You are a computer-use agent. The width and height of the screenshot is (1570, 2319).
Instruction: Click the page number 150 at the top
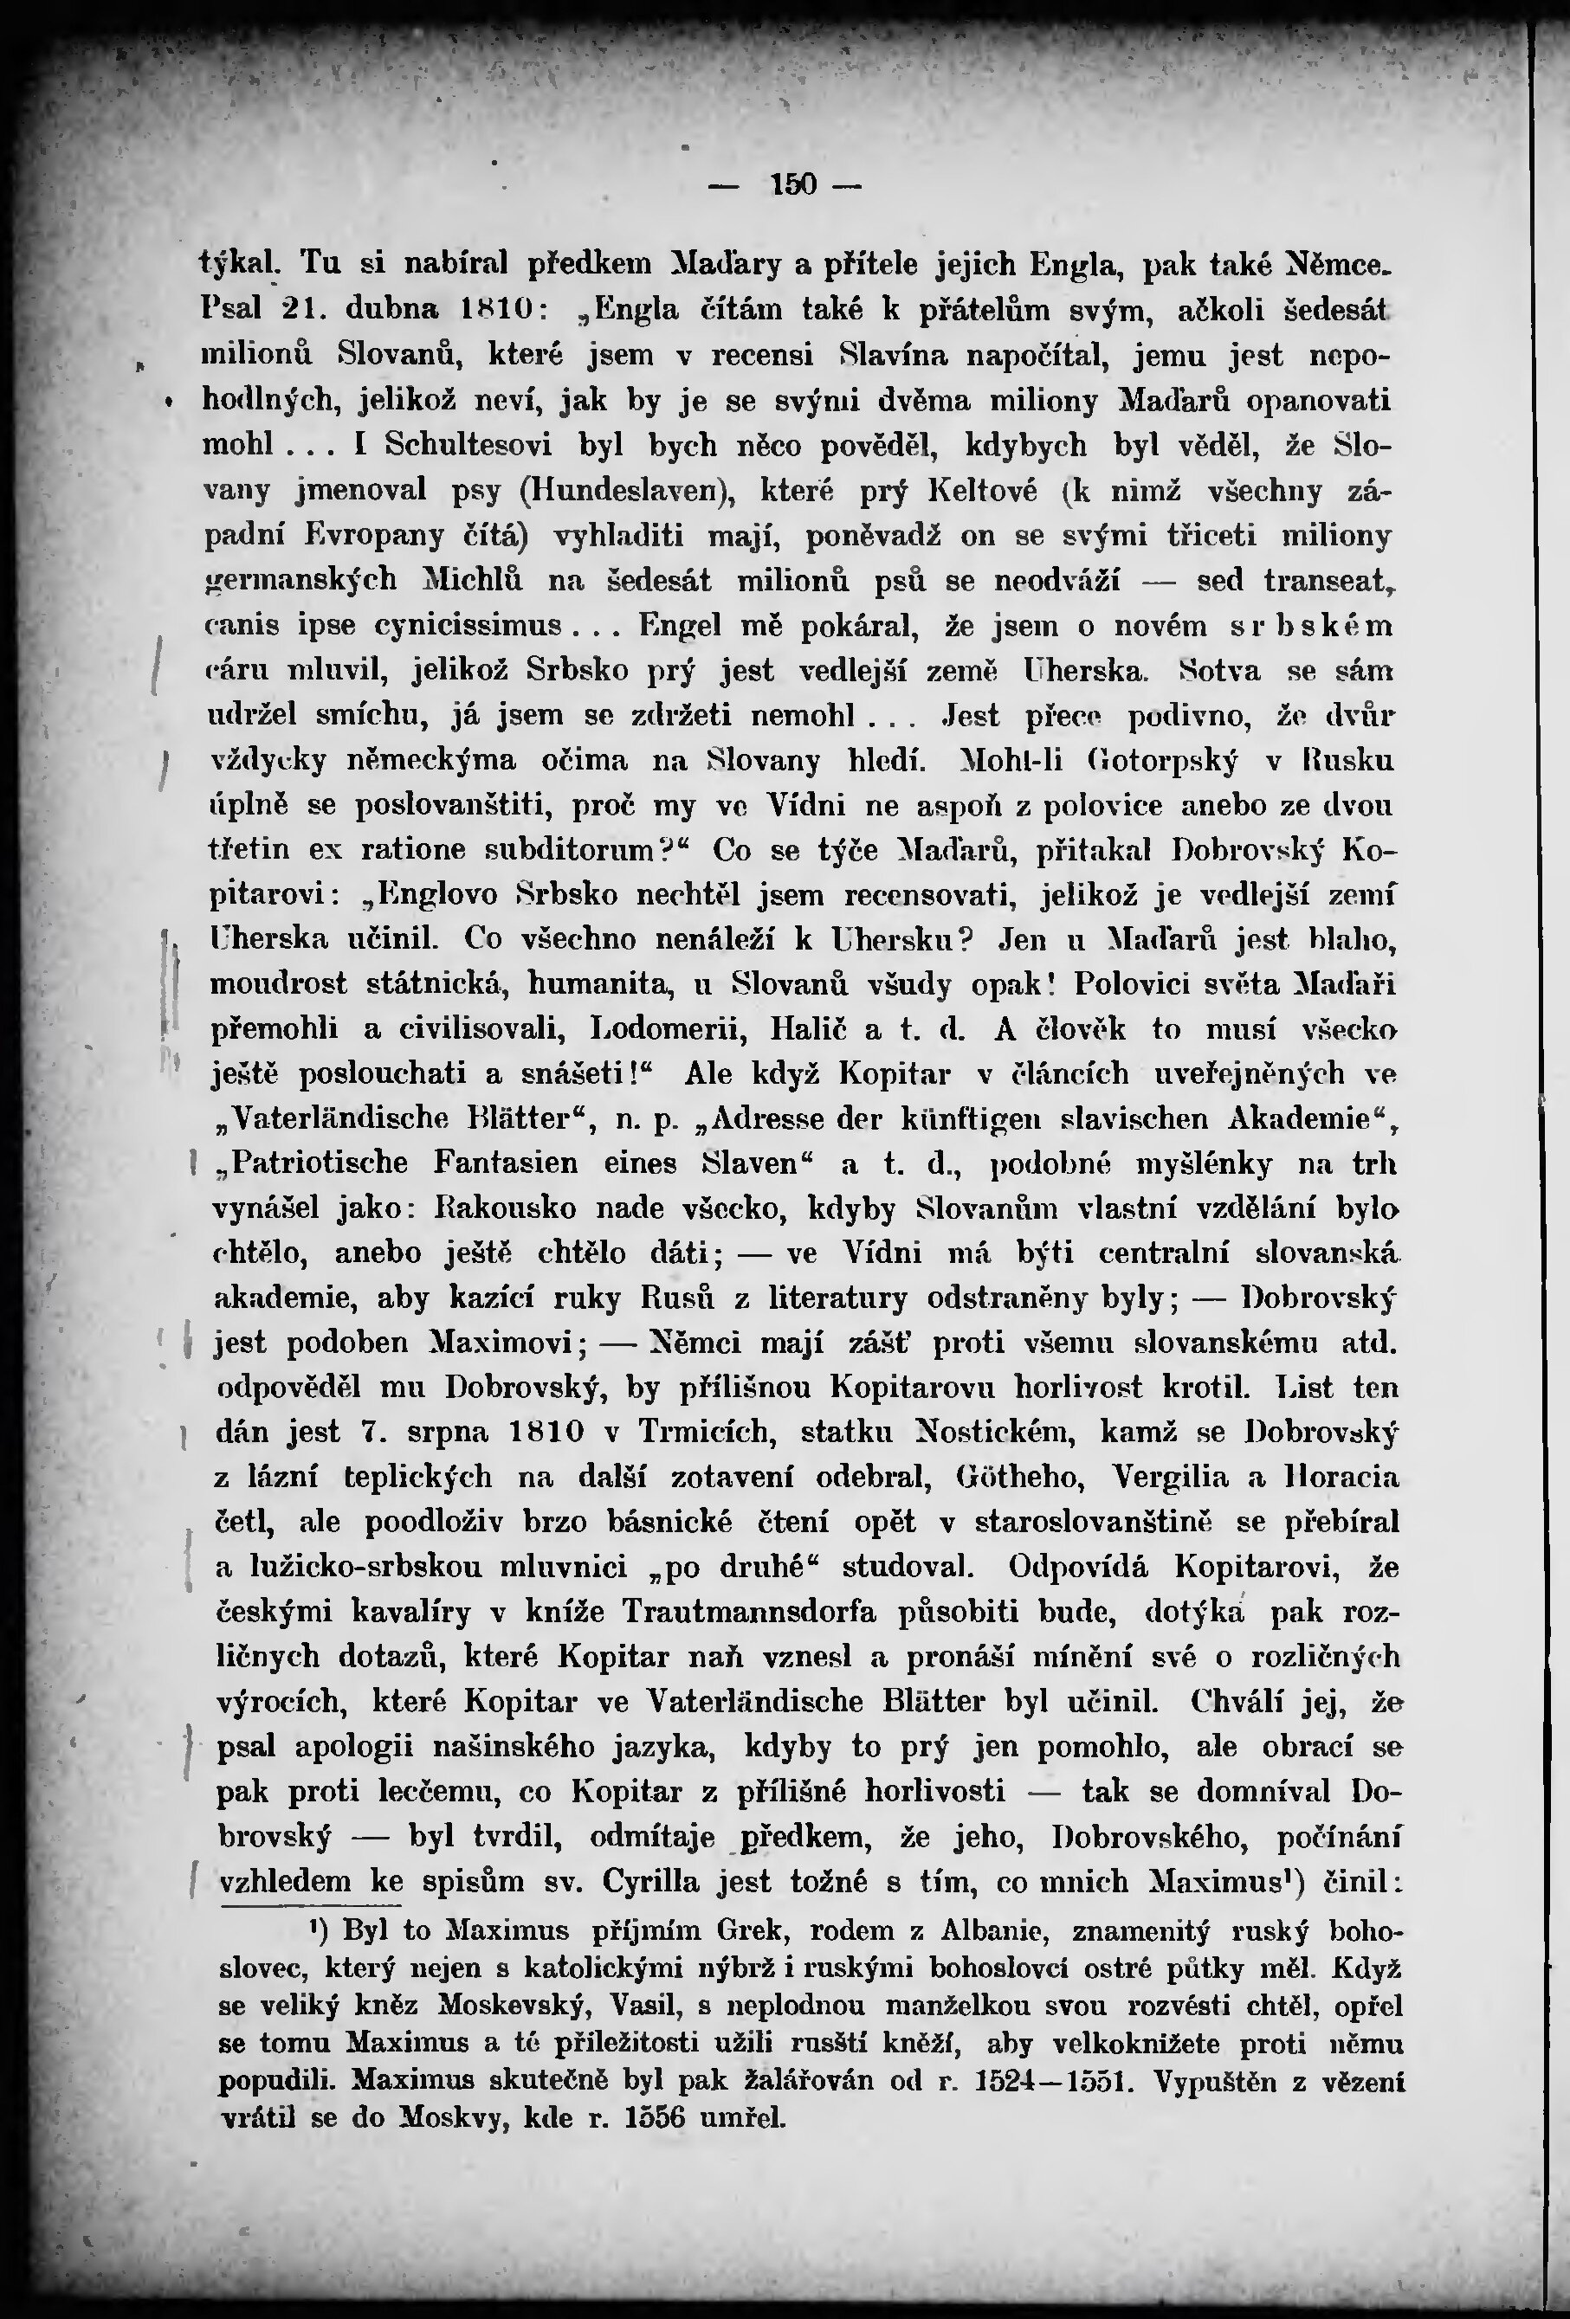click(793, 184)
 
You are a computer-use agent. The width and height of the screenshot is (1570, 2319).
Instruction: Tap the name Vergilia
click(1173, 1477)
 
